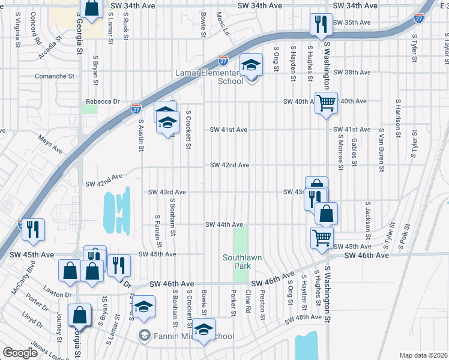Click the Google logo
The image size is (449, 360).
[x=20, y=353]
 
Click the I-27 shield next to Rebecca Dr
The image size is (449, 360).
[x=136, y=109]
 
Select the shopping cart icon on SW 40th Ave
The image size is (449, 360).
[x=326, y=102]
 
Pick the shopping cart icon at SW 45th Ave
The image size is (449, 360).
[x=322, y=238]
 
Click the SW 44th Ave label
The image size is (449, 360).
[x=224, y=224]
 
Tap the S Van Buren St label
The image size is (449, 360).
[x=381, y=147]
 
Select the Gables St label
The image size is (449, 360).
[x=355, y=152]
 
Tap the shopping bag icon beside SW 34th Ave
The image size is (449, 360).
[x=92, y=9]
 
